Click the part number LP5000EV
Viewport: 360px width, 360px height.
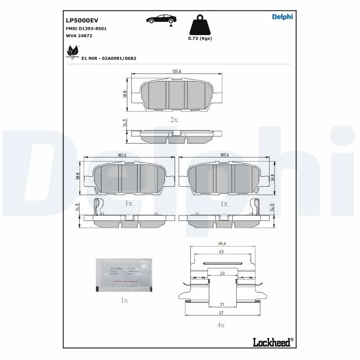tap(82, 20)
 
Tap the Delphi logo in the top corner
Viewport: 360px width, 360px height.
tap(282, 17)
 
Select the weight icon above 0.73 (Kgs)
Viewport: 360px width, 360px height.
tap(199, 25)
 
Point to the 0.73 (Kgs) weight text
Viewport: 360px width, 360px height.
tap(200, 39)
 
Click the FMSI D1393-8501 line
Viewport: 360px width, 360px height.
tap(86, 28)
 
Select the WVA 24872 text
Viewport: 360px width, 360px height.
tap(79, 35)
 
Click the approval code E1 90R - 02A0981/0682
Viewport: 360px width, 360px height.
tap(109, 58)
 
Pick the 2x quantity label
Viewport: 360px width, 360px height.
tap(174, 120)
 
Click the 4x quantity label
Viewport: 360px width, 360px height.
tap(221, 325)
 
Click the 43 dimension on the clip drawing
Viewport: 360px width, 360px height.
tap(221, 252)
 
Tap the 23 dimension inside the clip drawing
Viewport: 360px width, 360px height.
tap(222, 273)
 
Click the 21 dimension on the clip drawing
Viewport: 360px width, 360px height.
tap(221, 305)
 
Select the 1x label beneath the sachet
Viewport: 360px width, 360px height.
tap(124, 300)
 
